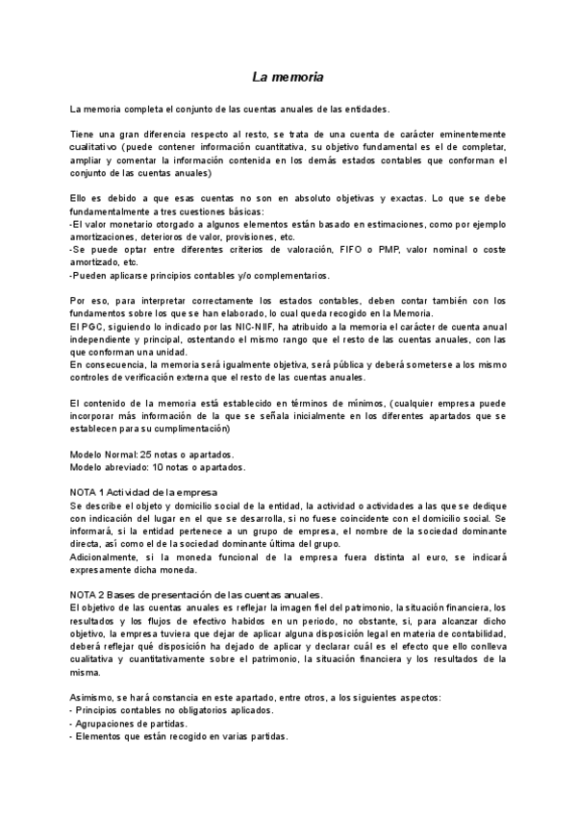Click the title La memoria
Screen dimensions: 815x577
click(x=288, y=75)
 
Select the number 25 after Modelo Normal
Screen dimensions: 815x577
click(x=146, y=454)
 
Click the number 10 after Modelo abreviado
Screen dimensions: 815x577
click(x=159, y=467)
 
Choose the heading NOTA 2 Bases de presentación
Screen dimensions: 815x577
click(x=196, y=595)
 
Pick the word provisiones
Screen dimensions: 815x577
click(x=246, y=235)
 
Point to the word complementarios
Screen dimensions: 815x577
click(x=271, y=274)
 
